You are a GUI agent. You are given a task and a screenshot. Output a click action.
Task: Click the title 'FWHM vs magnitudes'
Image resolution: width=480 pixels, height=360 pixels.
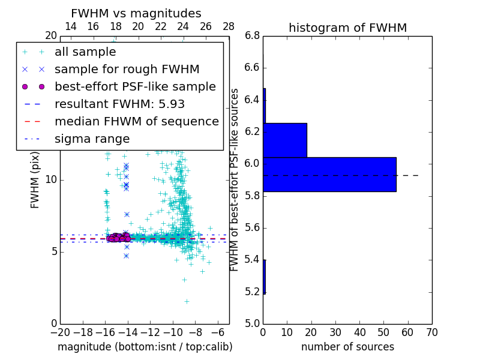136,14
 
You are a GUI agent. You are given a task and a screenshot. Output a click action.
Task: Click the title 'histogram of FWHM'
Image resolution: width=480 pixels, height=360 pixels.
347,28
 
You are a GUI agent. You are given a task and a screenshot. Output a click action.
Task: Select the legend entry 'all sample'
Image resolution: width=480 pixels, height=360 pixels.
85,52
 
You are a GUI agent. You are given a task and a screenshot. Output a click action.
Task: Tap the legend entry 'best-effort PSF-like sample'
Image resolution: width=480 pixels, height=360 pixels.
135,87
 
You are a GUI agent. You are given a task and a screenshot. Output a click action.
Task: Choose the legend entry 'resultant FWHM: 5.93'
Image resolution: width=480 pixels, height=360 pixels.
119,104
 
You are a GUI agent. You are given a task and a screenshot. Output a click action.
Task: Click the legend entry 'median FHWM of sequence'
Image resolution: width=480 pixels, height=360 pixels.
136,122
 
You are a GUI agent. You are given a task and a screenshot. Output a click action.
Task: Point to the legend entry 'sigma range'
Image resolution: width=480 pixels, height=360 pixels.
92,139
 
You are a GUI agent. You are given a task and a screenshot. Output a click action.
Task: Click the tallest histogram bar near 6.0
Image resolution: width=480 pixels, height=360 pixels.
329,174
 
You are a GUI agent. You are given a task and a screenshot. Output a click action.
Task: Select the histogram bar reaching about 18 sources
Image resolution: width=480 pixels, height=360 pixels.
285,140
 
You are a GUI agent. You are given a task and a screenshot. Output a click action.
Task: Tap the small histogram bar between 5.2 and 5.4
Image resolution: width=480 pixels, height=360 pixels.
264,277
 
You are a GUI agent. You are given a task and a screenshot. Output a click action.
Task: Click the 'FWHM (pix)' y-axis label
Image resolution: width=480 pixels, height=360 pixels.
35,180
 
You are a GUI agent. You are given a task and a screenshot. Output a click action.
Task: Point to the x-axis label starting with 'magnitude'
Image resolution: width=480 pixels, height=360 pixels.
145,347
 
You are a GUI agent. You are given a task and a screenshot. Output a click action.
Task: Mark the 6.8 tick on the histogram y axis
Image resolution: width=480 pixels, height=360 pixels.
252,36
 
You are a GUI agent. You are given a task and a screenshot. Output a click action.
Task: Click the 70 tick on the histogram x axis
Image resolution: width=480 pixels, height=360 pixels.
431,332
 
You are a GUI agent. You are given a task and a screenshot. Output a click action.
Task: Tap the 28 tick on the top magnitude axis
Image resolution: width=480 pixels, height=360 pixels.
229,27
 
